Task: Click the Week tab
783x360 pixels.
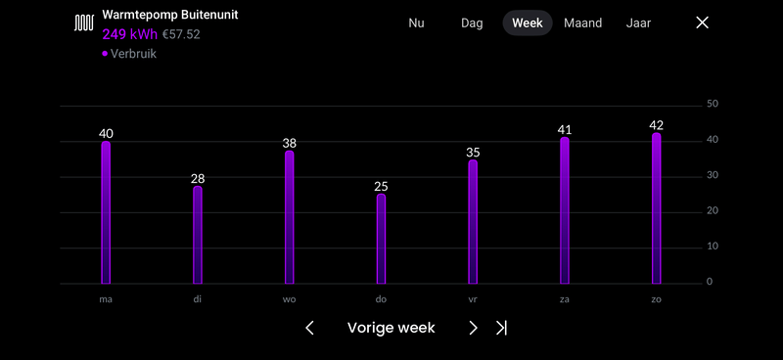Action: point(528,22)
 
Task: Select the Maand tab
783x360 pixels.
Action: point(582,22)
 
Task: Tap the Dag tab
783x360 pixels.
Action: point(472,22)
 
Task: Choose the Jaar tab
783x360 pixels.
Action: point(638,22)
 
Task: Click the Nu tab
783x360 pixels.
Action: point(416,22)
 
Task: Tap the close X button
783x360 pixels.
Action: point(702,22)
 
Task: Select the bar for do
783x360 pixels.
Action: point(381,239)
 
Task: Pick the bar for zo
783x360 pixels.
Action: point(657,209)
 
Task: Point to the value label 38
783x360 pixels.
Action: point(289,143)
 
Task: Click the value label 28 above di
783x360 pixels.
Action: point(198,178)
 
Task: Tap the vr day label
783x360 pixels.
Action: point(473,298)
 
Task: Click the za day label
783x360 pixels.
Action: point(565,298)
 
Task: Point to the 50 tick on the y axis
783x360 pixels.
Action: point(713,104)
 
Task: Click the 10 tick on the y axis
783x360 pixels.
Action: point(713,247)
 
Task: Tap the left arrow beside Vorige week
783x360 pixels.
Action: point(309,328)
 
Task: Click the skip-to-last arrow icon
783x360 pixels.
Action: point(501,328)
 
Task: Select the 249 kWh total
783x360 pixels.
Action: point(129,34)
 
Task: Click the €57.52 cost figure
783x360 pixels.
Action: point(181,34)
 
